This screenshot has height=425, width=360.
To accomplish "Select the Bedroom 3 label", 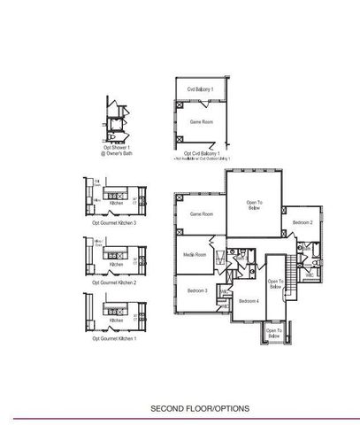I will pos(196,290).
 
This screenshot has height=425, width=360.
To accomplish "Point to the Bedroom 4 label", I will pos(249,302).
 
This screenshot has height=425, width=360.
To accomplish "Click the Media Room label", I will pos(195,255).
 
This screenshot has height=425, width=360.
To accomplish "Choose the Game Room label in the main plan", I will pos(202,213).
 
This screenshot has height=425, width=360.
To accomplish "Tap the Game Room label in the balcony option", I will pos(202,120).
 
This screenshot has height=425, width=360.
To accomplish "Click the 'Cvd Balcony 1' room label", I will pos(203,89).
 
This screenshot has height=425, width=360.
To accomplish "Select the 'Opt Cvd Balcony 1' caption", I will pos(202,152).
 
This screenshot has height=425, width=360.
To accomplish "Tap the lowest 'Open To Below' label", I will pos(274,335).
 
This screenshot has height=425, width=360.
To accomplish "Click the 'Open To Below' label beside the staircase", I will pos(274,284).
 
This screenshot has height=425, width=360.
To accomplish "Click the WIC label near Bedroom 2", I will pos(310,275).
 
